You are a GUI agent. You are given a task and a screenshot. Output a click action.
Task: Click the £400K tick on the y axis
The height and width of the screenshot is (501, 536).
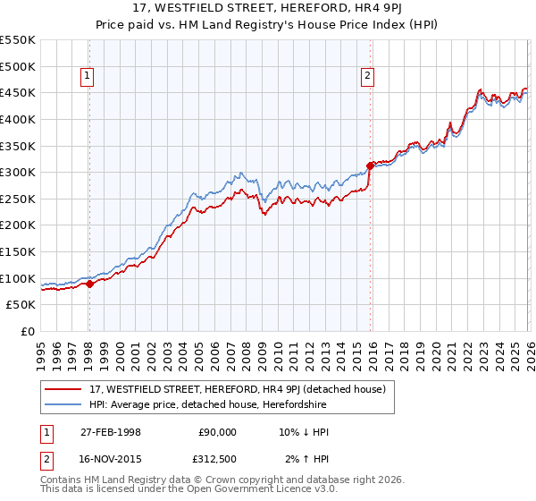coord(18,119)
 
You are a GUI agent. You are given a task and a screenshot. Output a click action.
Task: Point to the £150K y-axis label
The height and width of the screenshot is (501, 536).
coord(18,251)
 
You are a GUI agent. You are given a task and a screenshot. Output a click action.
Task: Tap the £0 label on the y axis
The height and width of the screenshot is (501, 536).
coord(27,331)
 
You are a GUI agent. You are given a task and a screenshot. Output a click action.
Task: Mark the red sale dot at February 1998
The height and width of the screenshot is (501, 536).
coord(89,284)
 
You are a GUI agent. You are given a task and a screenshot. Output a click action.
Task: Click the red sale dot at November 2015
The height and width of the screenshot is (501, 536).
coord(370,166)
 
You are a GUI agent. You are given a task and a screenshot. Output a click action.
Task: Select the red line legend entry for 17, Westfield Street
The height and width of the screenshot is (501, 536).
coord(237,389)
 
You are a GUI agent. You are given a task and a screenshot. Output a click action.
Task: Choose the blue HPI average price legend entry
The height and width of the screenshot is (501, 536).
coord(208,405)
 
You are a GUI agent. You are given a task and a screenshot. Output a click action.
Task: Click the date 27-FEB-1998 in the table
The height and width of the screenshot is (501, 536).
coord(110,431)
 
